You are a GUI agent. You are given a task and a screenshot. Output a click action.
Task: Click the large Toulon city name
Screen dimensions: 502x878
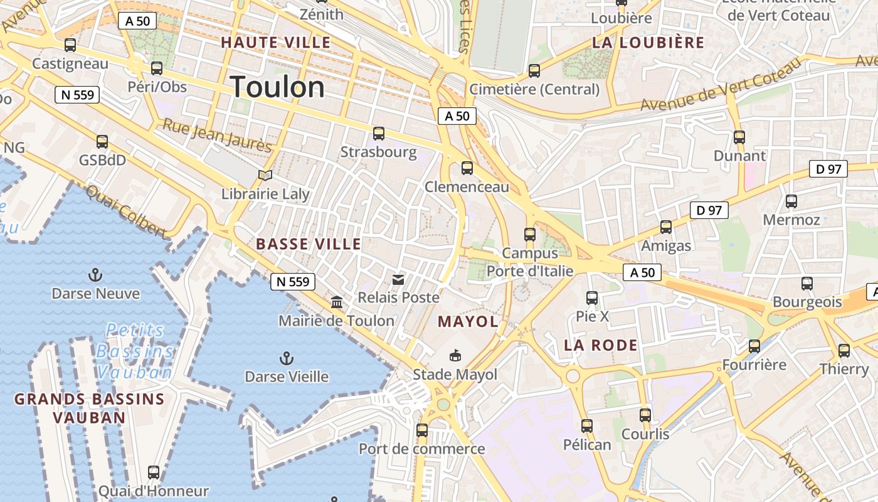278,87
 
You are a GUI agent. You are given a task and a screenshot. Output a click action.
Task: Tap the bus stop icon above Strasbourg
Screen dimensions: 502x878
379,133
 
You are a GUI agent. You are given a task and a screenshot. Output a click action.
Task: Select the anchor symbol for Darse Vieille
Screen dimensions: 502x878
287,358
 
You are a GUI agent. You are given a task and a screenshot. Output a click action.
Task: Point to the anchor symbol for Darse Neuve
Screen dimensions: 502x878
95,275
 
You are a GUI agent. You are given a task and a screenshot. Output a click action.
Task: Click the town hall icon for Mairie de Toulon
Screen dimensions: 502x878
337,302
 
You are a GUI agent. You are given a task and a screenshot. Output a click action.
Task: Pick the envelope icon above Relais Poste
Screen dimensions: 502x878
398,279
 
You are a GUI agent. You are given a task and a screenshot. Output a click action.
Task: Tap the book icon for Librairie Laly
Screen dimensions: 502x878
265,175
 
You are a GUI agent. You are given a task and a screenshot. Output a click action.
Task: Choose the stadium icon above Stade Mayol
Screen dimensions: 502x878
455,356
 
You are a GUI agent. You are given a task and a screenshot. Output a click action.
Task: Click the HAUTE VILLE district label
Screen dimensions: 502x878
275,43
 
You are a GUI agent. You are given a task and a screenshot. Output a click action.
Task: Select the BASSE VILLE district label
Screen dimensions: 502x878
309,244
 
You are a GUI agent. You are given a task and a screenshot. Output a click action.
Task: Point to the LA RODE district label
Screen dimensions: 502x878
600,345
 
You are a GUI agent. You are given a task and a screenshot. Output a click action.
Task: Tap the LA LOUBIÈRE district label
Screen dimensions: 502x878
648,43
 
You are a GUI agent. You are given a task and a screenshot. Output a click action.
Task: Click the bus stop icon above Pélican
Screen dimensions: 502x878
587,426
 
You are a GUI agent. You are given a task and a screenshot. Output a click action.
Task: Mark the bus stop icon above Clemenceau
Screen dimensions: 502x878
467,168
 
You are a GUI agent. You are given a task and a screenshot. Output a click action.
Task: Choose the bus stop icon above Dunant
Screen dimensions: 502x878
739,137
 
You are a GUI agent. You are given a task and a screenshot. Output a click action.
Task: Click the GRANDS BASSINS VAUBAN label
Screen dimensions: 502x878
89,408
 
